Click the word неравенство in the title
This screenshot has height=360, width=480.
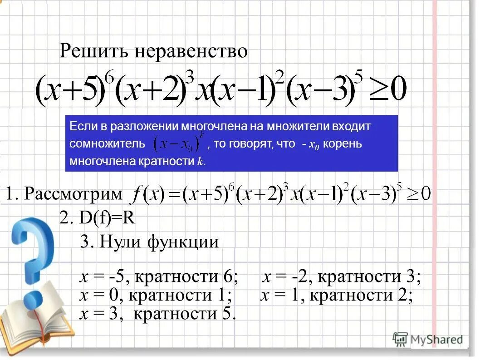click(191, 51)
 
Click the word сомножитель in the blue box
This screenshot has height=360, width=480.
click(107, 144)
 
